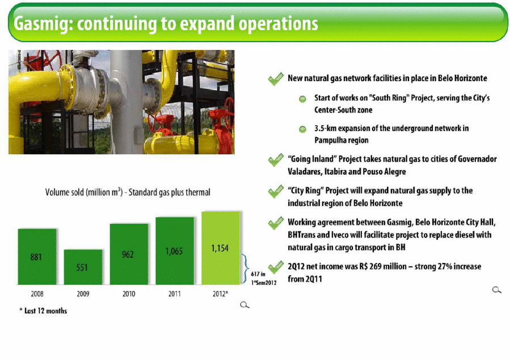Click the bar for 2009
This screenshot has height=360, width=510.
pos(83,267)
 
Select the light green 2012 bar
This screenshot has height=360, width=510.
pos(221,248)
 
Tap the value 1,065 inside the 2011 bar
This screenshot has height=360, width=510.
pos(174,251)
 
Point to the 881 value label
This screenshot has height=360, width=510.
pos(36,257)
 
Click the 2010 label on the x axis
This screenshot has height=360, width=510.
pos(129,294)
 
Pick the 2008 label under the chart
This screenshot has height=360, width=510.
pos(37,294)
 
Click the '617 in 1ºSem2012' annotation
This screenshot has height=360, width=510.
pos(263,278)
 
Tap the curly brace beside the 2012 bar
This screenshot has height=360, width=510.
pos(246,269)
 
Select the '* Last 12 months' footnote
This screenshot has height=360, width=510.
pos(43,311)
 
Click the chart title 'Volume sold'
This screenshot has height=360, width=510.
pos(128,192)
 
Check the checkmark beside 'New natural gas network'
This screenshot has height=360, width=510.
pos(276,79)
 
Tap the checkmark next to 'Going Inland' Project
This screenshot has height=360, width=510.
pos(276,159)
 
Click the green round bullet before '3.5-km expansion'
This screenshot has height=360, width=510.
pos(302,129)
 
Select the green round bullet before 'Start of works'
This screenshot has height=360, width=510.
pos(302,99)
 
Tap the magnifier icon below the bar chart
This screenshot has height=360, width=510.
pos(245,305)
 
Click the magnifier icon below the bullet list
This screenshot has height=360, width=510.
pos(496,290)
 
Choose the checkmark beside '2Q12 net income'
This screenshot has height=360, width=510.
pos(276,268)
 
